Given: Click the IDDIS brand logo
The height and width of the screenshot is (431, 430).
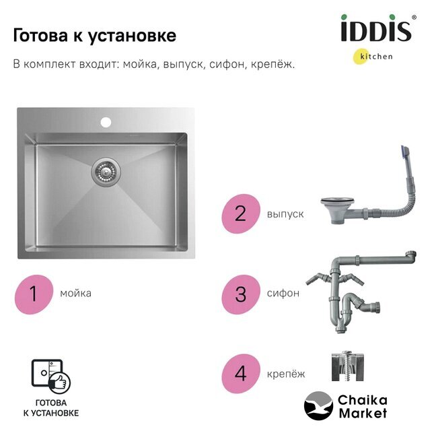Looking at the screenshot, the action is tap(378, 28).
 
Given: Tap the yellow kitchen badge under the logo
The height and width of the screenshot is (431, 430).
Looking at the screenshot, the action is tap(360, 57).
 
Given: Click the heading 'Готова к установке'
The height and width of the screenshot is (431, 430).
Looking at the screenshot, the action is tap(95, 36).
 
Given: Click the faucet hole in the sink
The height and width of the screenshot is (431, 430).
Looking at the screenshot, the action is tap(106, 122).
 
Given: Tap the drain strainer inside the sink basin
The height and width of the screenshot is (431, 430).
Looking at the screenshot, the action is tap(106, 172).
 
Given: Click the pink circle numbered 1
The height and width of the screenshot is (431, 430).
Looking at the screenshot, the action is tap(34, 294).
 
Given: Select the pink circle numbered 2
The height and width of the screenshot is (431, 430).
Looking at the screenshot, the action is tap(241, 214).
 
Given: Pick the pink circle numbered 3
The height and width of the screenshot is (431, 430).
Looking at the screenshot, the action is tap(241, 294).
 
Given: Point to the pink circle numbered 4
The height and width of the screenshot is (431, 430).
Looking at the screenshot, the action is tap(241, 373).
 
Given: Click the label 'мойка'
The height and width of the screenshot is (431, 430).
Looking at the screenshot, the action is tap(76, 294).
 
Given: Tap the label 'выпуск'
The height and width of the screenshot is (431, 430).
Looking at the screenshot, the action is tap(285, 214).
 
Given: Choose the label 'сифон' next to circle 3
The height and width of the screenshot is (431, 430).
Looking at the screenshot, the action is tap(283, 294).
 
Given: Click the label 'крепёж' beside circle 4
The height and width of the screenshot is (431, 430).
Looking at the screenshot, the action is tap(286, 374).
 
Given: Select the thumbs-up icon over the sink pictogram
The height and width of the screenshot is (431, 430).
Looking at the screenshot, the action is tap(60, 383).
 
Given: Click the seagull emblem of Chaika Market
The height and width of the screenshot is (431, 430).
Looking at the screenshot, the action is tap(318, 406).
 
